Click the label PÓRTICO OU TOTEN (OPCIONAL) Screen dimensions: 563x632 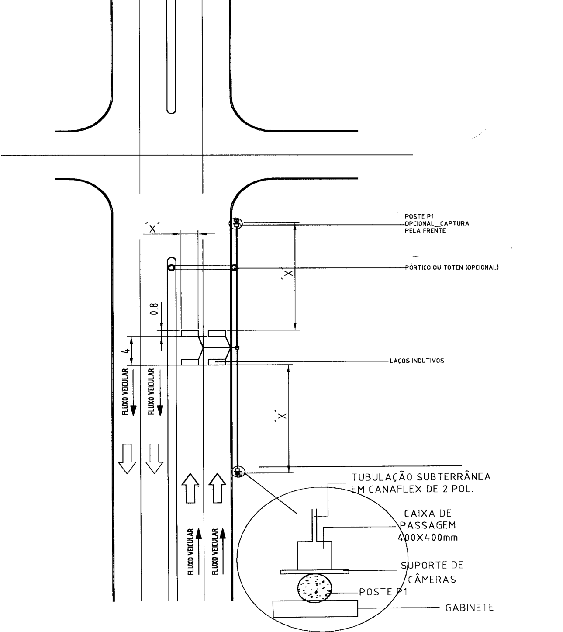[452, 267]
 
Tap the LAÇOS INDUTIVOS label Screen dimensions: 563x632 [417, 361]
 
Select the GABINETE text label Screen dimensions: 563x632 [470, 608]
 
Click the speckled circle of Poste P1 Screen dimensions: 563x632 [314, 588]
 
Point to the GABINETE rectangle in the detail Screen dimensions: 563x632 [315, 608]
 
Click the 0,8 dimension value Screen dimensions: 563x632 [155, 309]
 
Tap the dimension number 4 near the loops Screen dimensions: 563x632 [127, 351]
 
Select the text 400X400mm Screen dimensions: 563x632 [428, 538]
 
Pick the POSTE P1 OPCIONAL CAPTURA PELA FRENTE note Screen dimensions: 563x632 [437, 223]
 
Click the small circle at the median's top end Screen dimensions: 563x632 [171, 267]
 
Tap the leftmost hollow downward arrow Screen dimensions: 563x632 [127, 458]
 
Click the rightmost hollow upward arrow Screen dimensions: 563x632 [217, 488]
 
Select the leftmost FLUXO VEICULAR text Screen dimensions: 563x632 [125, 392]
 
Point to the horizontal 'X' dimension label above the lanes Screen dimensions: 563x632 [152, 228]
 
